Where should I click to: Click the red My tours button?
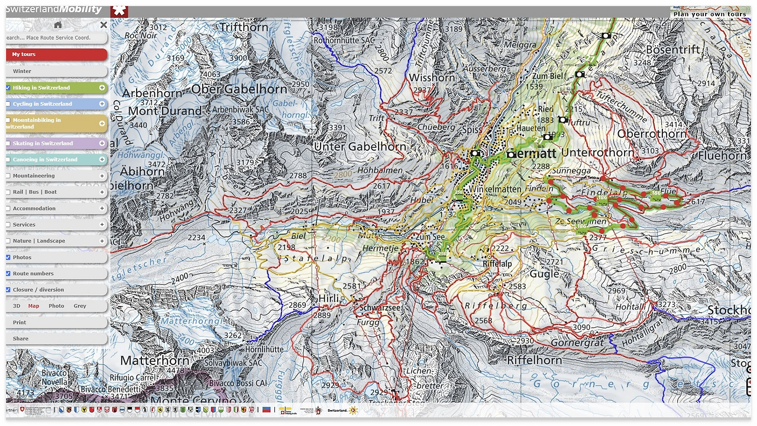56,54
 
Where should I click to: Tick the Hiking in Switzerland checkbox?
8,88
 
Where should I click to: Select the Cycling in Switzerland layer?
43,104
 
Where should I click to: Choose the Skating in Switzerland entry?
43,143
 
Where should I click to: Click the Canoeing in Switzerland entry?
45,160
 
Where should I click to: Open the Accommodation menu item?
34,208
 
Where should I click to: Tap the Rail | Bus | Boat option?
35,192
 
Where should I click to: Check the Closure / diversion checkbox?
8,290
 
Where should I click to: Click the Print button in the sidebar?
20,322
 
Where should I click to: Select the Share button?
20,339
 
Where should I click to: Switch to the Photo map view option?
56,306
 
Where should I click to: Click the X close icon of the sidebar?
103,25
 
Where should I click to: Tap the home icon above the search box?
57,25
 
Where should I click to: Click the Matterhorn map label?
155,360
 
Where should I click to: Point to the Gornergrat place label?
577,343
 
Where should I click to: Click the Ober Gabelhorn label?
239,89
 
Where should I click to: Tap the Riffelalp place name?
497,264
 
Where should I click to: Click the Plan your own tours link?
710,14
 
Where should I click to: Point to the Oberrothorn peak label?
652,134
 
